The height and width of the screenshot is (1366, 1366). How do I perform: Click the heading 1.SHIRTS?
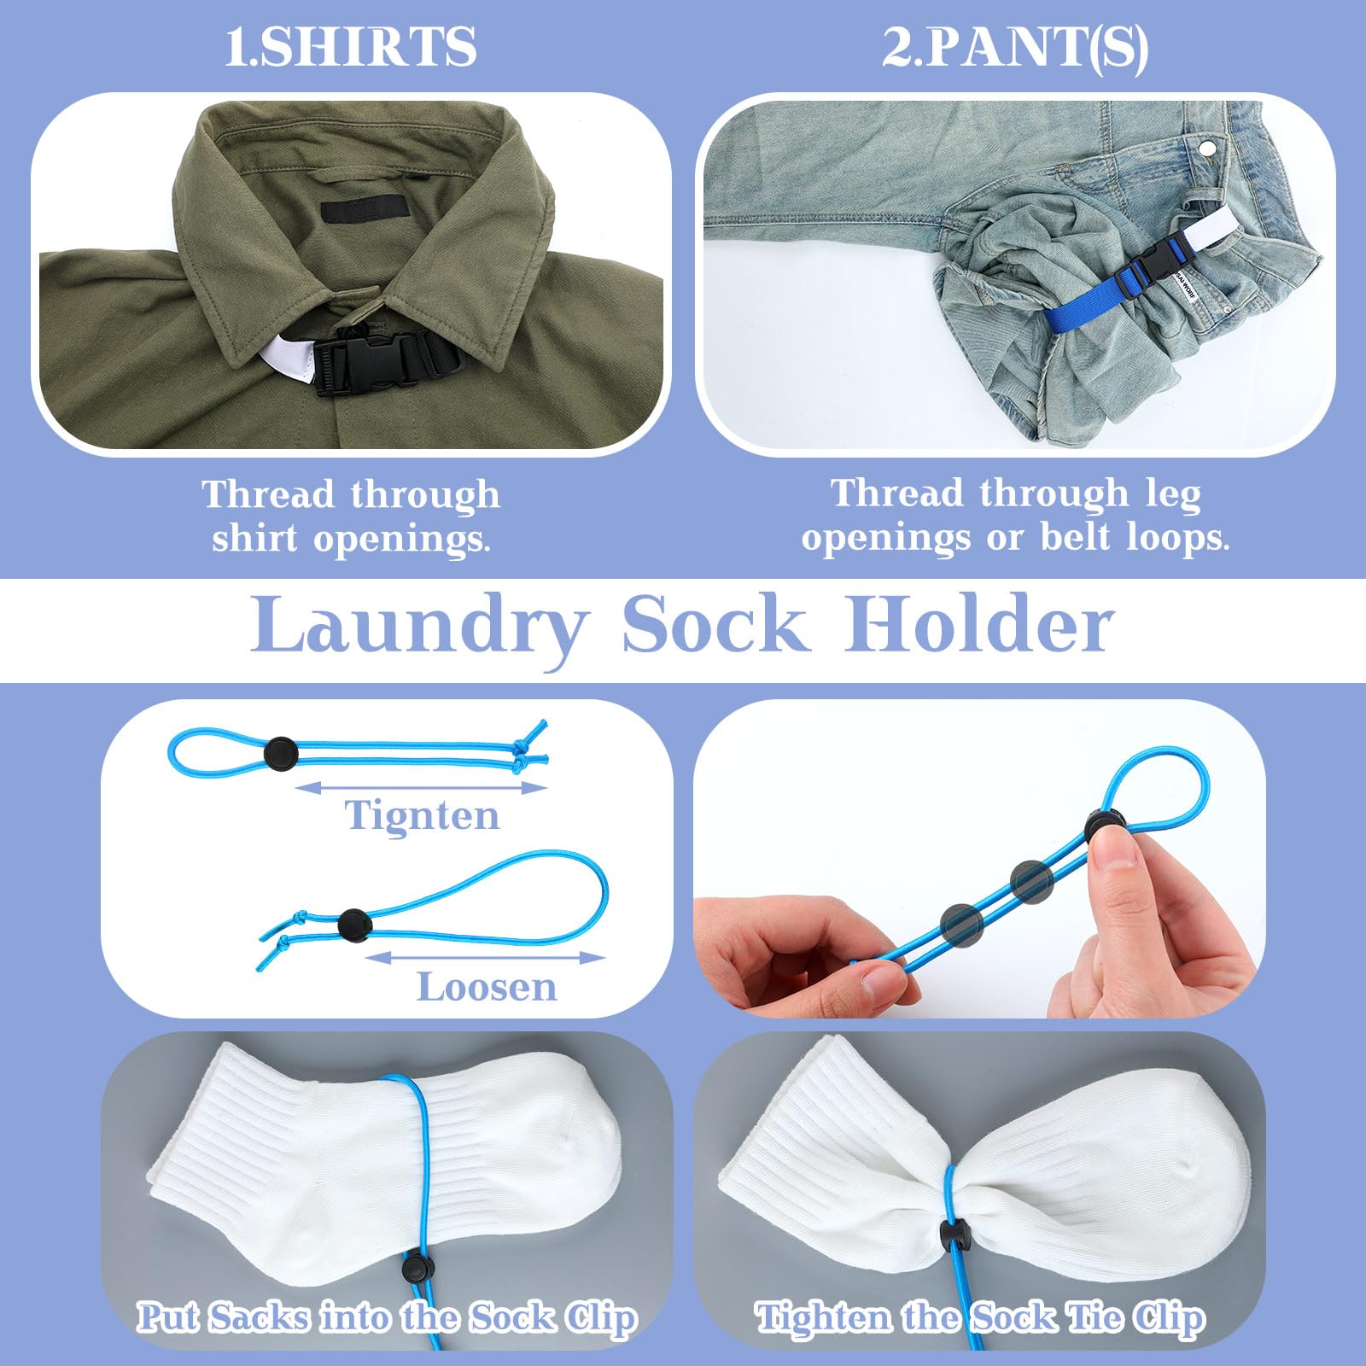(350, 46)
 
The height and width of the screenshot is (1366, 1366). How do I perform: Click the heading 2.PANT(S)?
(1014, 46)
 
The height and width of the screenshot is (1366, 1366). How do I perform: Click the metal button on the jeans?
(1207, 149)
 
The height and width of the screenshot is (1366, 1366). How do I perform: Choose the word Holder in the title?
(979, 626)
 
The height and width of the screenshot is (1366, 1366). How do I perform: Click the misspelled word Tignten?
(422, 816)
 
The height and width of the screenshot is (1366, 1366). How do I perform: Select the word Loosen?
(486, 988)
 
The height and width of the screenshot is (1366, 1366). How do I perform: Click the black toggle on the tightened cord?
(280, 752)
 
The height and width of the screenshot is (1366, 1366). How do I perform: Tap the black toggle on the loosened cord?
(353, 924)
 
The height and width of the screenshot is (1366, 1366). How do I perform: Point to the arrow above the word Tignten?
(421, 787)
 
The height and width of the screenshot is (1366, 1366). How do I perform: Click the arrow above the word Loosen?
(485, 957)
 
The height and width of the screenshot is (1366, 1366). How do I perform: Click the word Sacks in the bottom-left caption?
(260, 1317)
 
